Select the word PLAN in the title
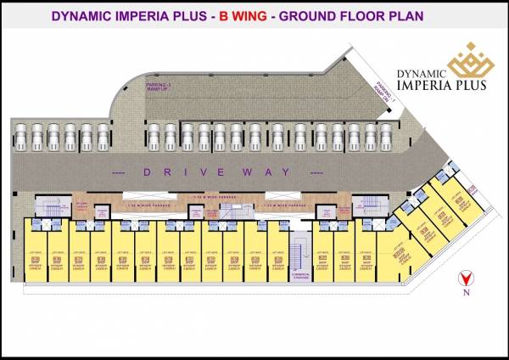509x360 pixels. pos(402,15)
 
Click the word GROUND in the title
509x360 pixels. pos(312,15)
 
